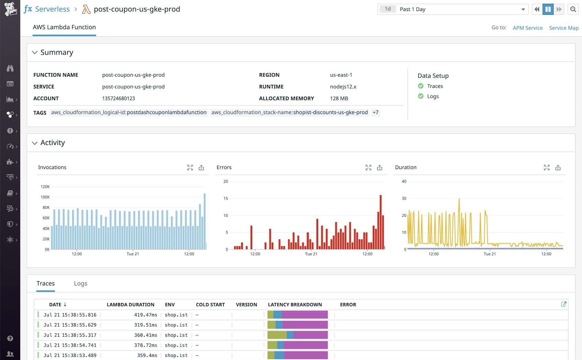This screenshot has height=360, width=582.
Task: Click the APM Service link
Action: tap(527, 28)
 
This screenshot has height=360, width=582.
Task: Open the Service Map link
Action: tap(563, 28)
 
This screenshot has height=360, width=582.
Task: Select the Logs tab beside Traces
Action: tap(80, 283)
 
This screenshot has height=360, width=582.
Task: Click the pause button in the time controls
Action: tap(548, 9)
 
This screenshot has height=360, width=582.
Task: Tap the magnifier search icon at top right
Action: tap(573, 9)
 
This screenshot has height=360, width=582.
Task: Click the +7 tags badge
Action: tap(376, 112)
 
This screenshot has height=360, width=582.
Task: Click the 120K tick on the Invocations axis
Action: tap(45, 187)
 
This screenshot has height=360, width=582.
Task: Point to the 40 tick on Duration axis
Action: tap(404, 181)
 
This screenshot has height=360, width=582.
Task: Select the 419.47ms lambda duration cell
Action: tap(146, 315)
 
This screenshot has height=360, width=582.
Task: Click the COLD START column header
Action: tap(210, 305)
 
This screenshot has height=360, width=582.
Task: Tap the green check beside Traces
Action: tap(421, 86)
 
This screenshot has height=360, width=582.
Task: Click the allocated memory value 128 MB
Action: tap(339, 98)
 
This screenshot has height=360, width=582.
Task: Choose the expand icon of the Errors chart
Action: tap(368, 167)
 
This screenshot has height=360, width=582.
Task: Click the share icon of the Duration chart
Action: tap(558, 167)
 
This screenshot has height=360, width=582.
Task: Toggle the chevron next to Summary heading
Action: tap(35, 53)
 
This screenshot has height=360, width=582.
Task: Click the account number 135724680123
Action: tap(119, 98)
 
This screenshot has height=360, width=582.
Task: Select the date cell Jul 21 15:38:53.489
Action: tap(70, 355)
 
